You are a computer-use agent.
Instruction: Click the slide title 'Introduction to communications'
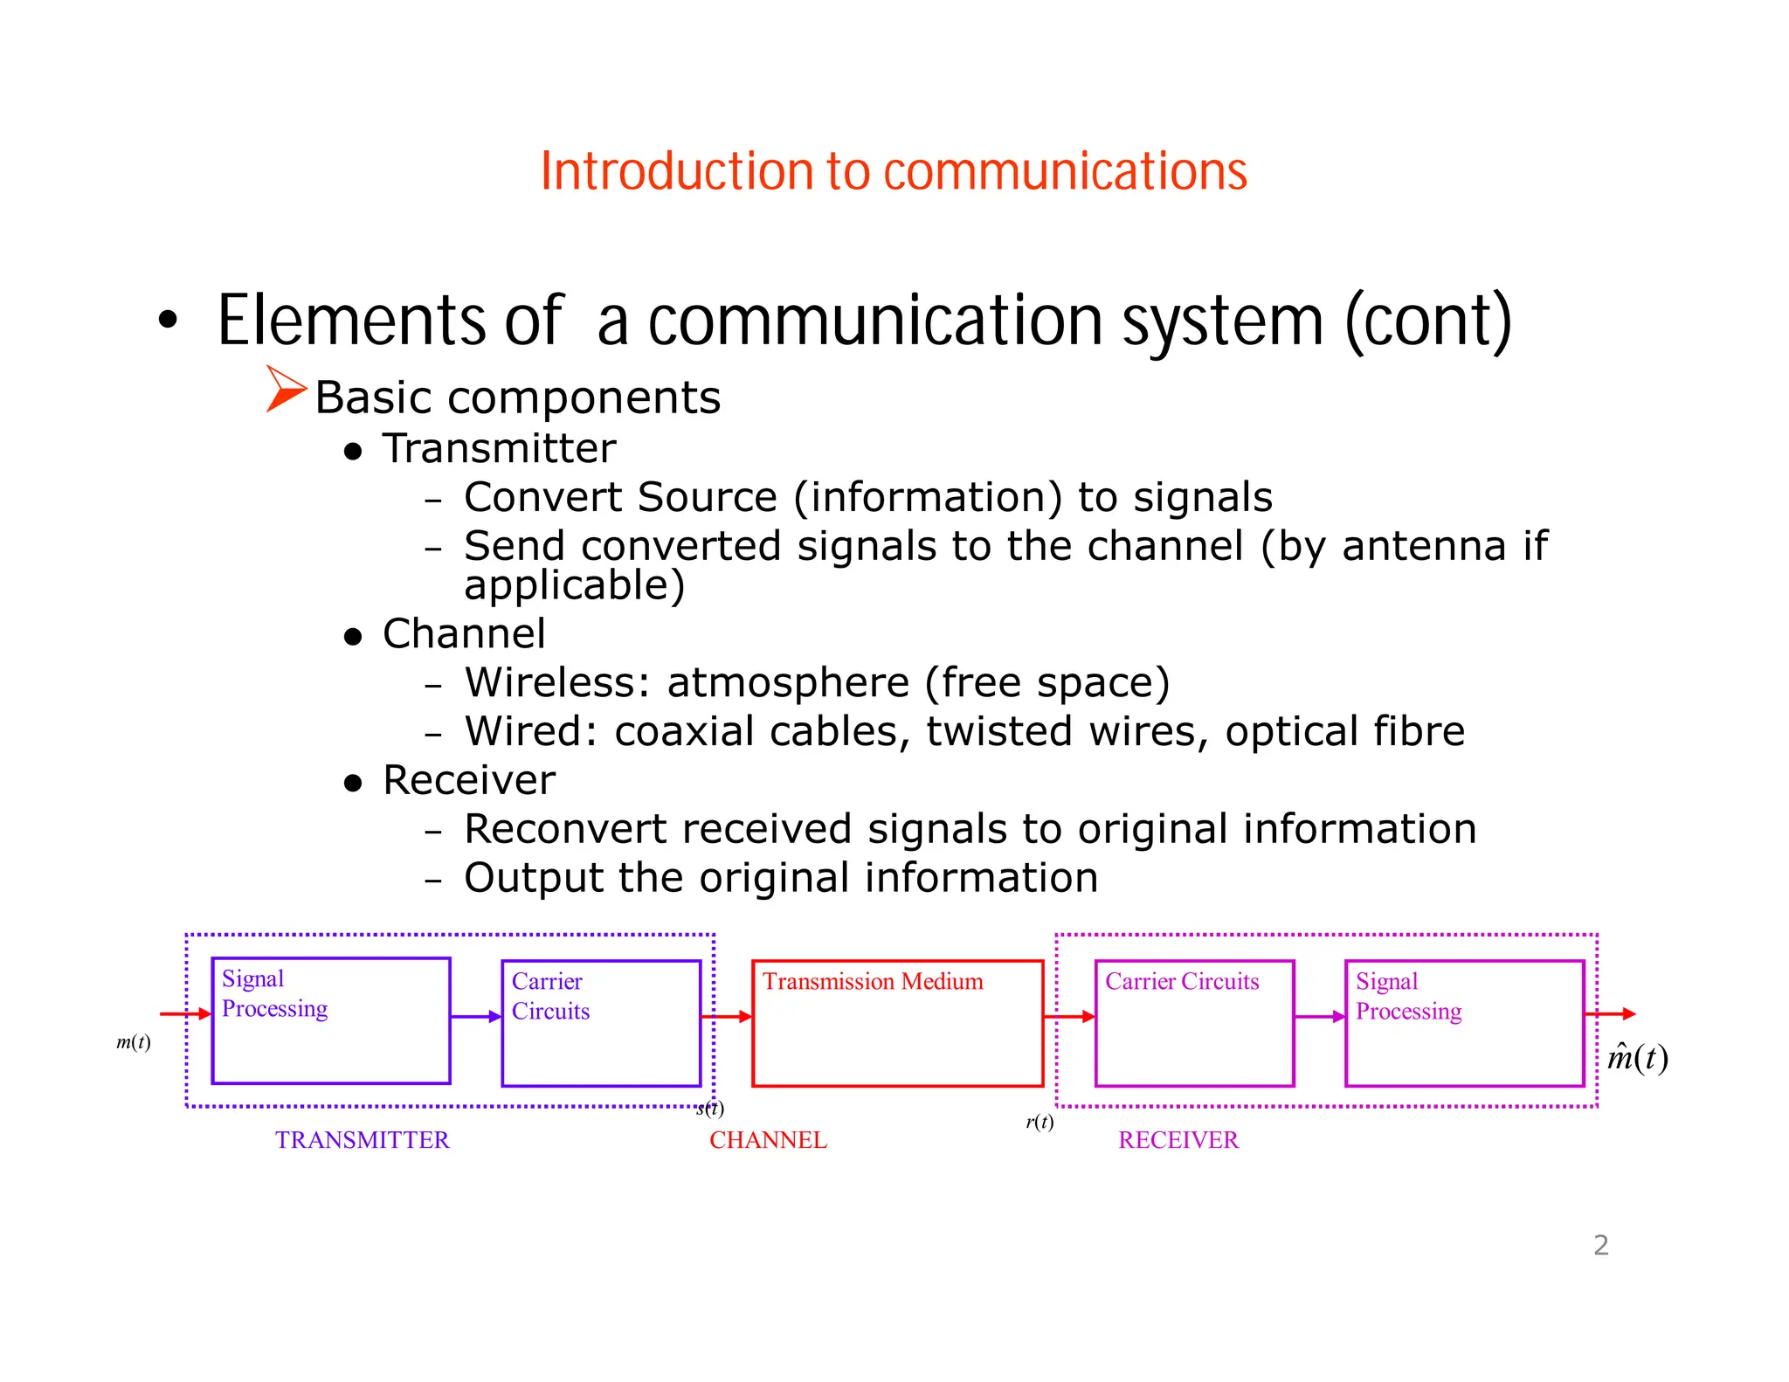click(893, 171)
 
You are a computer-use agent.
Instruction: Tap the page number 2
click(1600, 1245)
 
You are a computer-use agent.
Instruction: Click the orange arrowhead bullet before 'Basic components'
click(286, 389)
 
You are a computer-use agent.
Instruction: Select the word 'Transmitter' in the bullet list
click(499, 449)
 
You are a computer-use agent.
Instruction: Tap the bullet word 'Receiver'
click(469, 781)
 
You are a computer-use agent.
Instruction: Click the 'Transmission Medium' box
click(897, 1023)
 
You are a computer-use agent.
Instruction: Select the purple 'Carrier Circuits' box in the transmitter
click(601, 1023)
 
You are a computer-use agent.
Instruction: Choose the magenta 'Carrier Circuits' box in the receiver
click(1194, 1023)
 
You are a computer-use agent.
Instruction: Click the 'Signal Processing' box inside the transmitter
click(331, 1020)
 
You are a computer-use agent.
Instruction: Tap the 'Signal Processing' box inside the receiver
click(1464, 1023)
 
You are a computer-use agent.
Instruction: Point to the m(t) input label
click(134, 1042)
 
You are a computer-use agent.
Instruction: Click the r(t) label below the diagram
click(1040, 1122)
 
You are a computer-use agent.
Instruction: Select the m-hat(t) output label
click(1637, 1058)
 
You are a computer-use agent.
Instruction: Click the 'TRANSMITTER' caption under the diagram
click(362, 1140)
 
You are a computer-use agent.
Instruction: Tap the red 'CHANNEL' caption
click(768, 1140)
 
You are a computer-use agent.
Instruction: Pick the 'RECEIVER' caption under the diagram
click(1178, 1140)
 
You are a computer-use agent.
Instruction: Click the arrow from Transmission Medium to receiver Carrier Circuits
click(1069, 1016)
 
